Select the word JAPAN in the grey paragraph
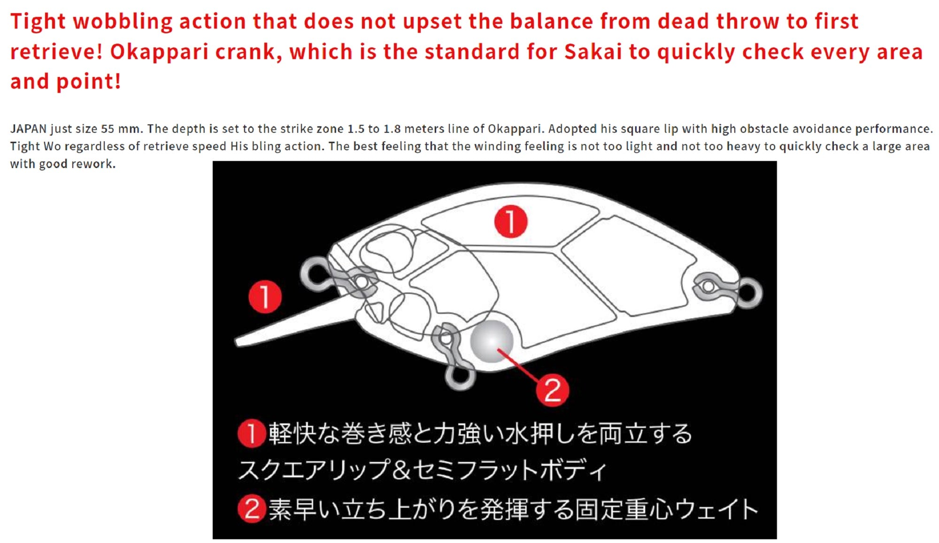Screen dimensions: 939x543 pos(28,129)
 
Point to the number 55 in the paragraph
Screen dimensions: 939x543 pos(108,129)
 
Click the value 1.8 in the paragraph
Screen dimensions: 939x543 pos(392,129)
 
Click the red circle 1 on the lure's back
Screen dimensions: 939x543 pos(511,221)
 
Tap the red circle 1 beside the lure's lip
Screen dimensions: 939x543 pos(265,297)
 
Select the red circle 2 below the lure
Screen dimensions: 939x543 pos(553,390)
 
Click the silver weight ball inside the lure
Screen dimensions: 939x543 pos(492,341)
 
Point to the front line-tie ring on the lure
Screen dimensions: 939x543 pos(316,273)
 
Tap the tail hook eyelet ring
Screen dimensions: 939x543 pos(747,292)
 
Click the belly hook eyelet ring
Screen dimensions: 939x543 pos(459,375)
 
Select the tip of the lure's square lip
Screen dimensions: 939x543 pos(237,342)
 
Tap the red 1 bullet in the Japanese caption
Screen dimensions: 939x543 pos(252,433)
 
